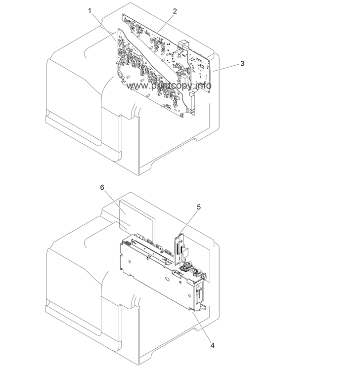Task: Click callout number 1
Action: (90, 10)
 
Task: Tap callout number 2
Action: (175, 11)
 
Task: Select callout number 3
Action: (242, 64)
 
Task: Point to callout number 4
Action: (212, 345)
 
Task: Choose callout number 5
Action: (199, 207)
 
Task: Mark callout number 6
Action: (102, 187)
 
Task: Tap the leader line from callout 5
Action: (188, 222)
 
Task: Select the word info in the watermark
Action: (204, 85)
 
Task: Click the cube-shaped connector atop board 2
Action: (184, 45)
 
